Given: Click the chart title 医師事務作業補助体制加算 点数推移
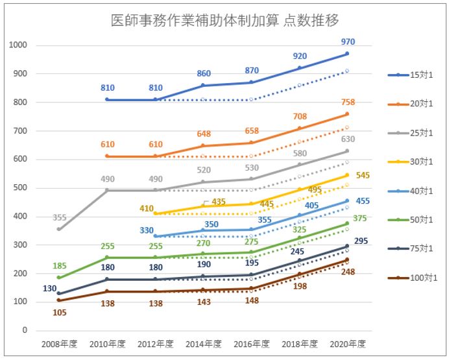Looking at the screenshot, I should [x=224, y=20].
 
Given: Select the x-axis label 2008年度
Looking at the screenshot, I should [x=58, y=343].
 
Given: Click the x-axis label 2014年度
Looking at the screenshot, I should [x=203, y=343].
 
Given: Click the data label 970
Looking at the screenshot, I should [x=348, y=42].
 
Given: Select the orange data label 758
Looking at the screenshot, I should [x=348, y=102].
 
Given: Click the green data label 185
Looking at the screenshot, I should [x=58, y=266].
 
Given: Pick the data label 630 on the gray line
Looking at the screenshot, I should [x=348, y=139].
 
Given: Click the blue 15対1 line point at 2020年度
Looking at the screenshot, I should [x=347, y=54].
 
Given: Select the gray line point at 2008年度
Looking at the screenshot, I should [x=58, y=229].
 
